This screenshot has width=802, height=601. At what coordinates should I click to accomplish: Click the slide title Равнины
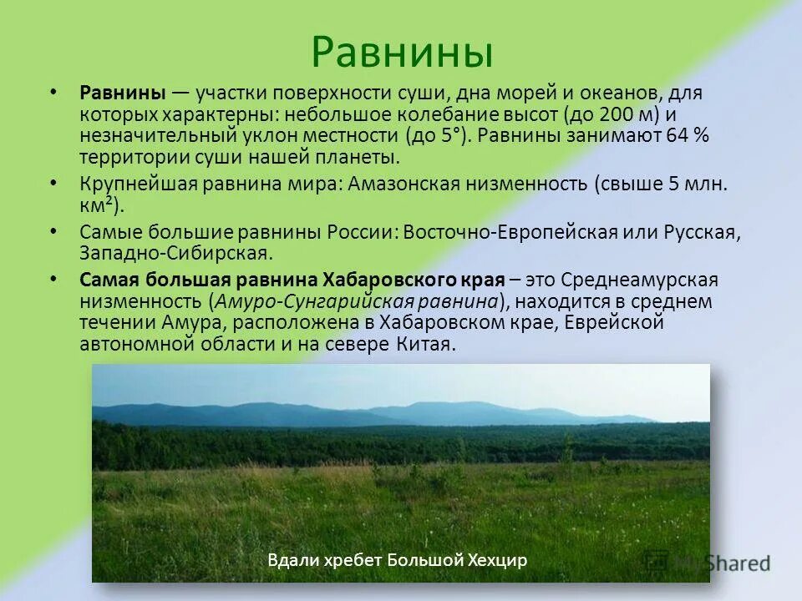tap(402, 52)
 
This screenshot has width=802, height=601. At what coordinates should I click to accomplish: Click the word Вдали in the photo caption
tap(289, 560)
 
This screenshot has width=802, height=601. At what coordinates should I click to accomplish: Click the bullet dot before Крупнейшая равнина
tap(54, 182)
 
